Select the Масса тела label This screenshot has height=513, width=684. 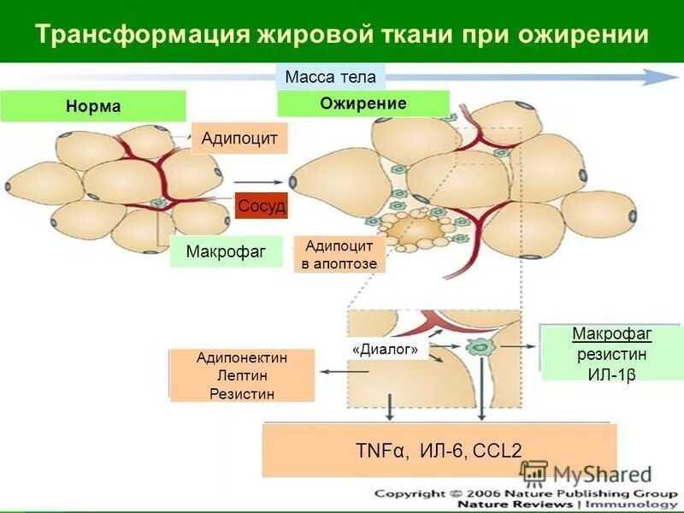tap(330, 77)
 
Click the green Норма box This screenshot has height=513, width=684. tap(93, 107)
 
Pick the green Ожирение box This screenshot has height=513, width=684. tap(363, 103)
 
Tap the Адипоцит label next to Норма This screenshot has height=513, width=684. tap(239, 138)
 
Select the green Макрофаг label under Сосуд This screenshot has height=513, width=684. tap(226, 251)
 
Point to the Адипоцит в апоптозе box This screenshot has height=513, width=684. tap(339, 255)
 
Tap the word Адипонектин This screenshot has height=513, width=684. tap(242, 358)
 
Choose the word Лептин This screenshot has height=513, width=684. tap(242, 376)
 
